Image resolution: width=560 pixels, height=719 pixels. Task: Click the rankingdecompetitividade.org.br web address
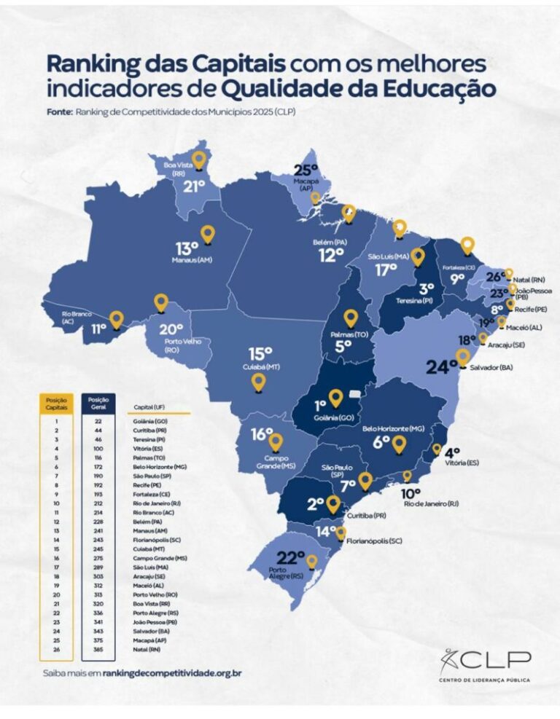pyautogui.click(x=171, y=673)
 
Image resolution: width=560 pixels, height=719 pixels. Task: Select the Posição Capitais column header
pyautogui.click(x=56, y=403)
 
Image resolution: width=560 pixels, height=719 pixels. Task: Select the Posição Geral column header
pyautogui.click(x=98, y=403)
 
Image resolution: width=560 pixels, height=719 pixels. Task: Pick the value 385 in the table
pyautogui.click(x=98, y=648)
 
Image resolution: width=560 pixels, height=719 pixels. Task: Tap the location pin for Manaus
pyautogui.click(x=208, y=234)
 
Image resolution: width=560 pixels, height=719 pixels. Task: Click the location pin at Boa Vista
pyautogui.click(x=198, y=160)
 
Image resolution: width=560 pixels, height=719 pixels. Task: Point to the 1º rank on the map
pyautogui.click(x=320, y=405)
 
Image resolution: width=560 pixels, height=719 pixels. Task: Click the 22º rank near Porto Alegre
pyautogui.click(x=290, y=558)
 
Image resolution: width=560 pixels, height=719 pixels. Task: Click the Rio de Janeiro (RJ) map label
pyautogui.click(x=431, y=503)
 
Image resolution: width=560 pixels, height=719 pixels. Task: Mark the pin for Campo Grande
pyautogui.click(x=276, y=441)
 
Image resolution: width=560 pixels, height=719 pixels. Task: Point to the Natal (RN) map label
pyautogui.click(x=530, y=279)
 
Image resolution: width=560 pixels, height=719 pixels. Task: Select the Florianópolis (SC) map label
pyautogui.click(x=374, y=541)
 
